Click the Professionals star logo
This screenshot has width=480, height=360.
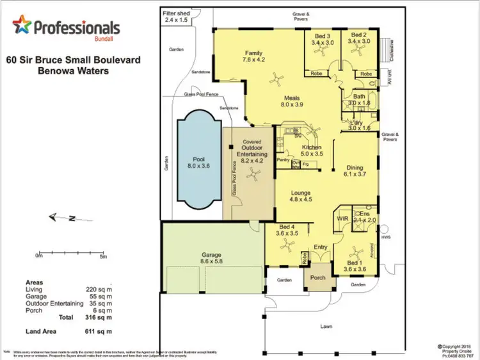click(x=22, y=27)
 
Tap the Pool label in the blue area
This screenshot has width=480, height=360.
click(x=198, y=161)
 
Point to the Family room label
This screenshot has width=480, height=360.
click(x=254, y=56)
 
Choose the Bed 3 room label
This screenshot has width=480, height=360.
click(x=323, y=39)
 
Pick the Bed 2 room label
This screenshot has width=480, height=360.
click(x=358, y=39)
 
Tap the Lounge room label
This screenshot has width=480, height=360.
click(x=300, y=195)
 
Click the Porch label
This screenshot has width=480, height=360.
click(x=318, y=277)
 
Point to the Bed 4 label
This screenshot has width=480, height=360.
click(x=287, y=231)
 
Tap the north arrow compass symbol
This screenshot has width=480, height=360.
click(x=64, y=218)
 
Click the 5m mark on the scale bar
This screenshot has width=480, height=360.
click(x=103, y=256)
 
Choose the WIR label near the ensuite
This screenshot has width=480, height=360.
click(x=342, y=218)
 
